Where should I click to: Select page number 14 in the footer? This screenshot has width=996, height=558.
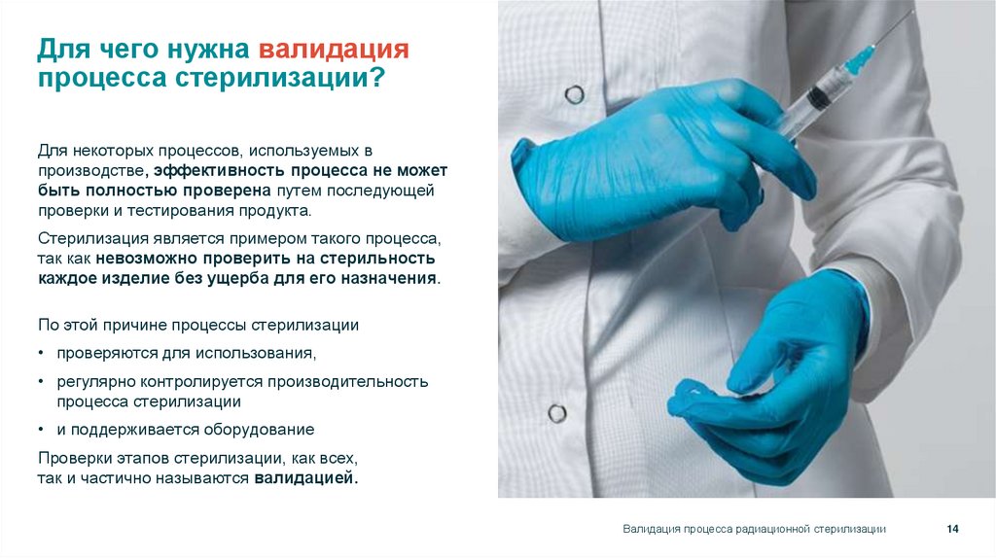coord(952,528)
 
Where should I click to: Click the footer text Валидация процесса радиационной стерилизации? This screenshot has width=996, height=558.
coord(754,528)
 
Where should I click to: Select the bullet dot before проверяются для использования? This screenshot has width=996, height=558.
coord(42,353)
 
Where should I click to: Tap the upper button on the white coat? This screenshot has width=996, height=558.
coord(575,94)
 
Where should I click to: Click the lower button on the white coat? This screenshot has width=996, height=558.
coord(557,412)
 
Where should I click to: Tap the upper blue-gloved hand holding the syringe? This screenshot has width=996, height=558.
coord(661,156)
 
